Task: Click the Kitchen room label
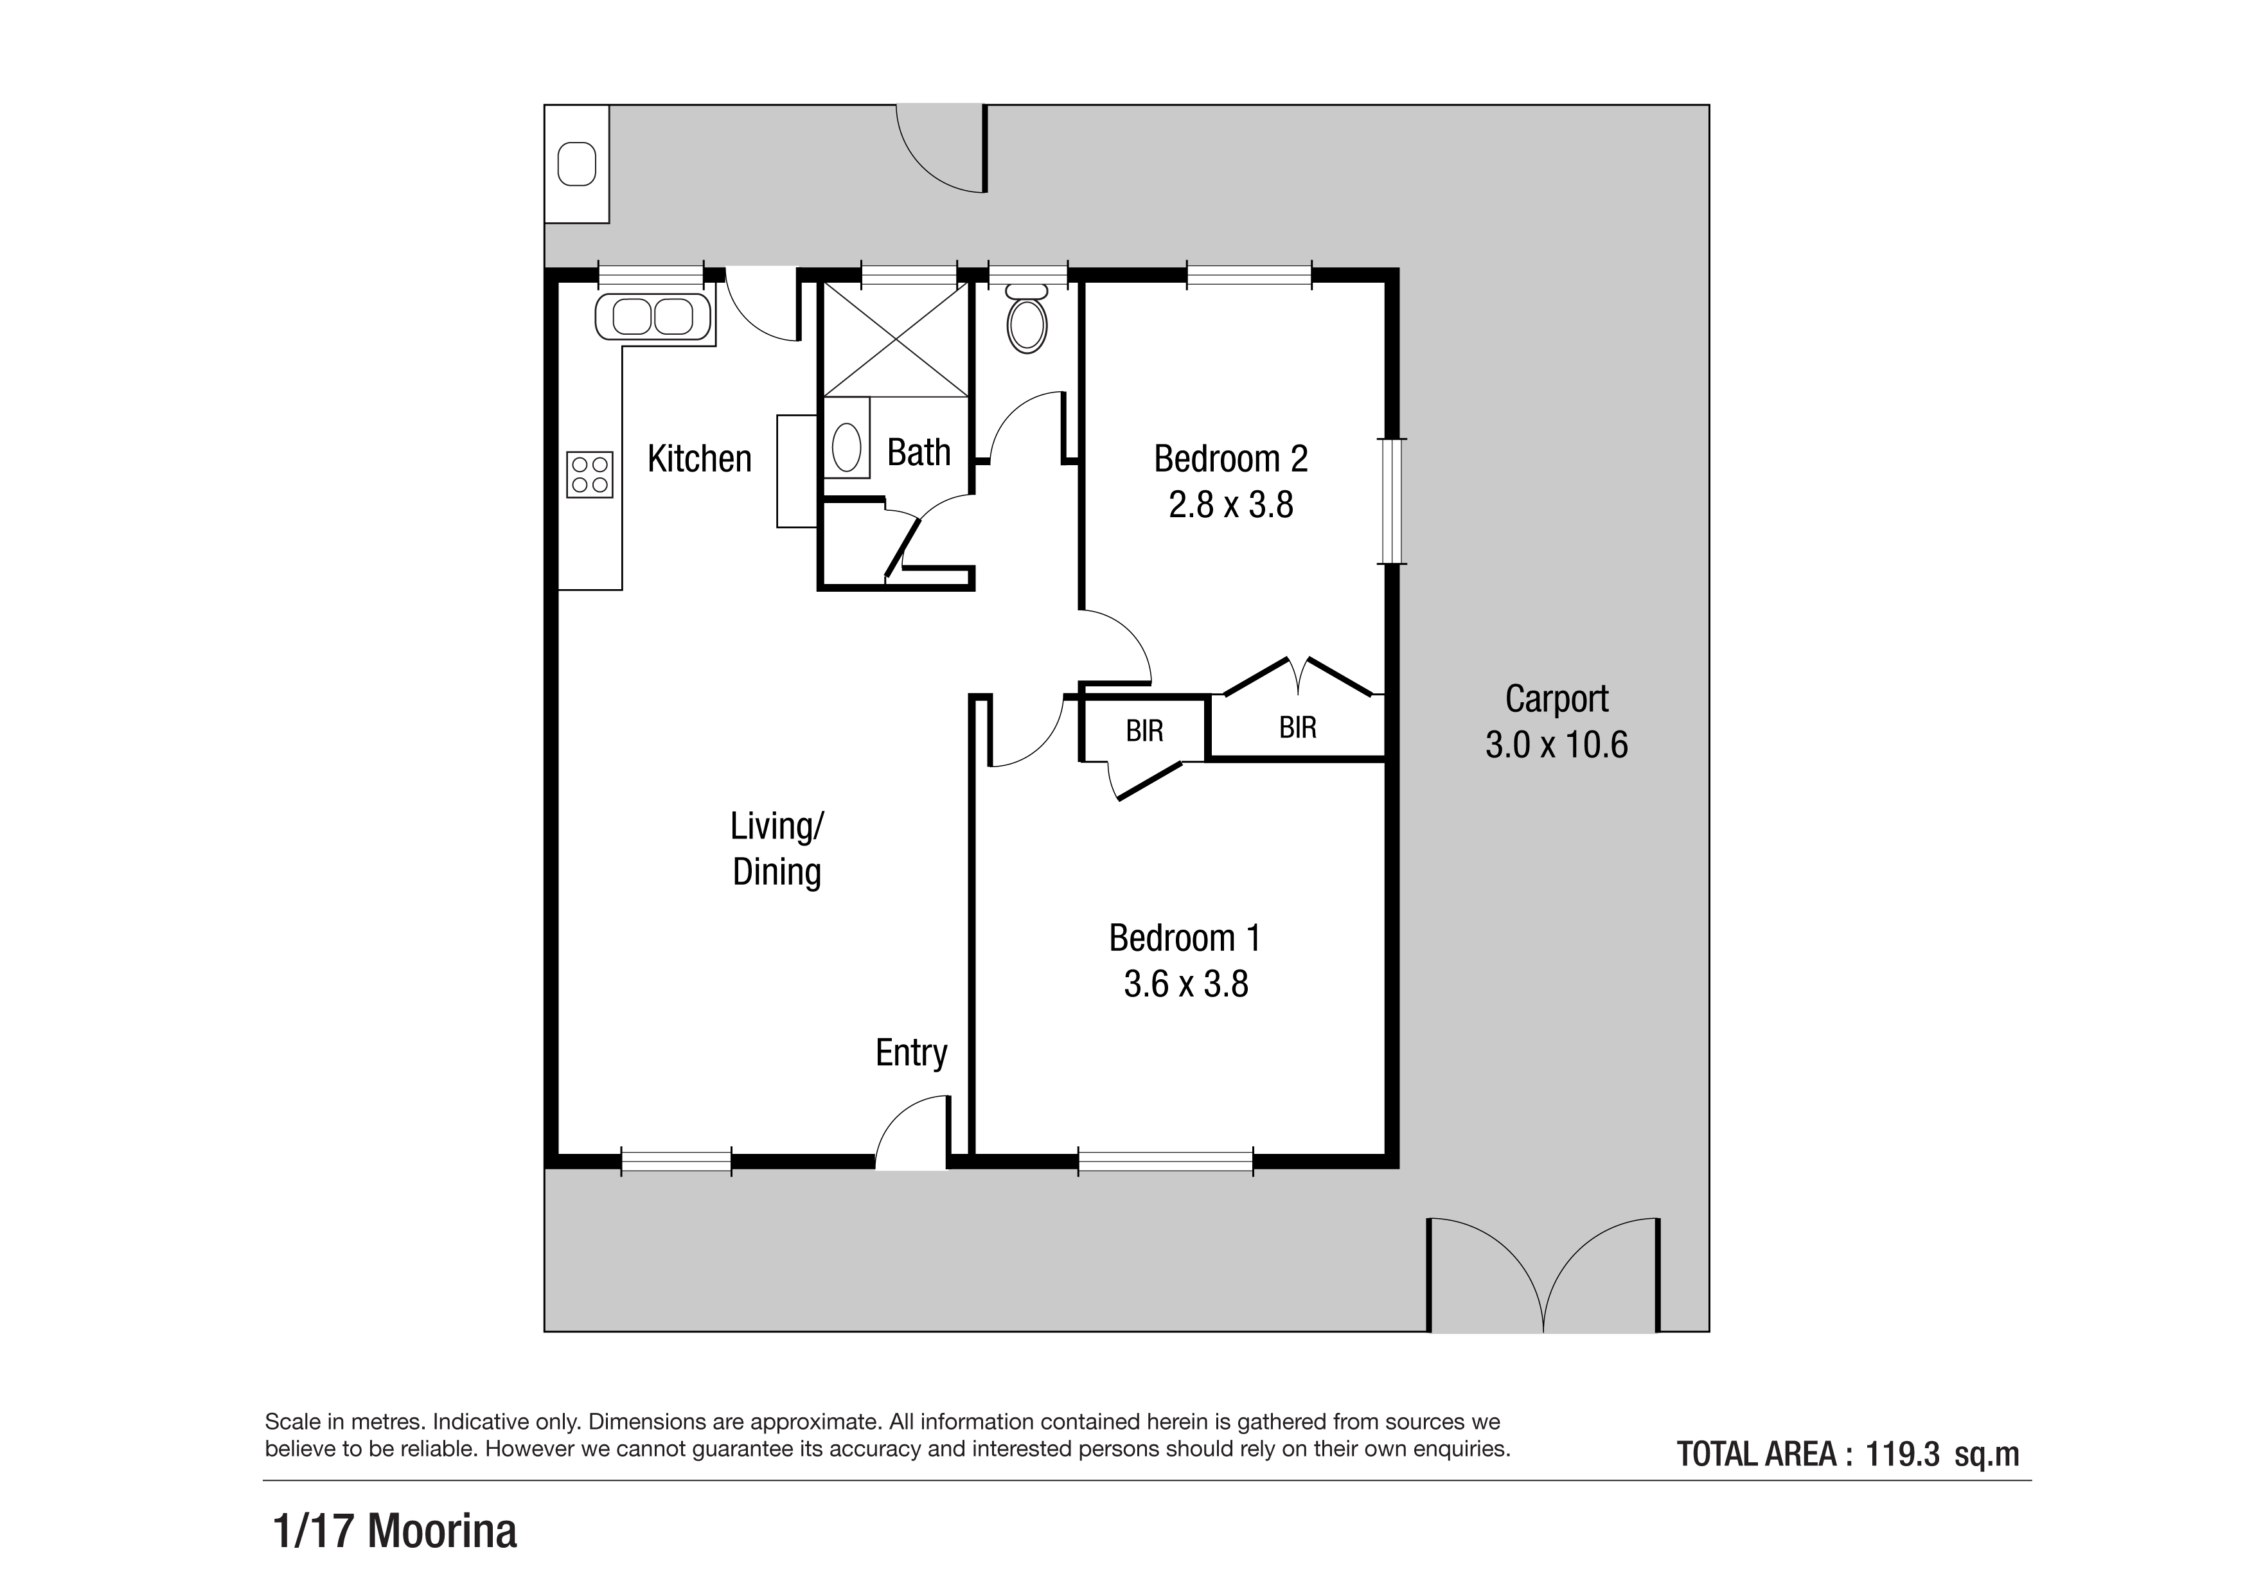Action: click(699, 458)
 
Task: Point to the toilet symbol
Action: click(1027, 318)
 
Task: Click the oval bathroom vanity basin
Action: click(846, 448)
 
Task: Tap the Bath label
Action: click(919, 452)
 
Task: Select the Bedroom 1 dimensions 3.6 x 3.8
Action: click(1186, 984)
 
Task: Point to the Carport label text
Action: click(1557, 699)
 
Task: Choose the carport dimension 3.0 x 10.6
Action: click(1557, 745)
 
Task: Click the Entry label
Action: click(911, 1053)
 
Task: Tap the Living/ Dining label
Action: click(777, 849)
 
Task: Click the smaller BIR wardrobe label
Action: click(1145, 731)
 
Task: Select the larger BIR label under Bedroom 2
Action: click(1298, 727)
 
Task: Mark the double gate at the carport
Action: click(1543, 1274)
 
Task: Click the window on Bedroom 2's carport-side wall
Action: click(1391, 500)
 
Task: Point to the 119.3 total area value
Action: click(1903, 1454)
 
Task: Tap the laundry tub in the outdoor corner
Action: click(577, 164)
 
